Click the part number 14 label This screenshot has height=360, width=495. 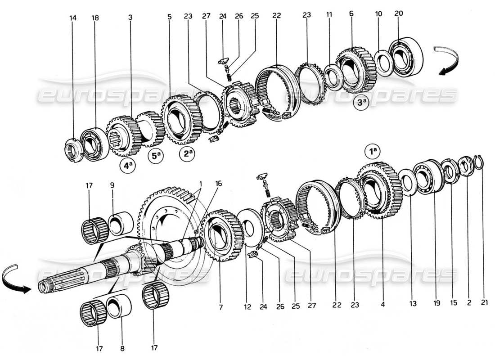click(73, 18)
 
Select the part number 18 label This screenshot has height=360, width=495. click(95, 18)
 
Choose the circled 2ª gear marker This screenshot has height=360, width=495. click(188, 153)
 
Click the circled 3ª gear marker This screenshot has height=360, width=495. click(362, 102)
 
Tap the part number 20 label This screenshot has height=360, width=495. click(399, 14)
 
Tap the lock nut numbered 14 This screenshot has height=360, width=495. click(72, 149)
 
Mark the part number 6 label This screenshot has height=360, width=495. click(351, 14)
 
